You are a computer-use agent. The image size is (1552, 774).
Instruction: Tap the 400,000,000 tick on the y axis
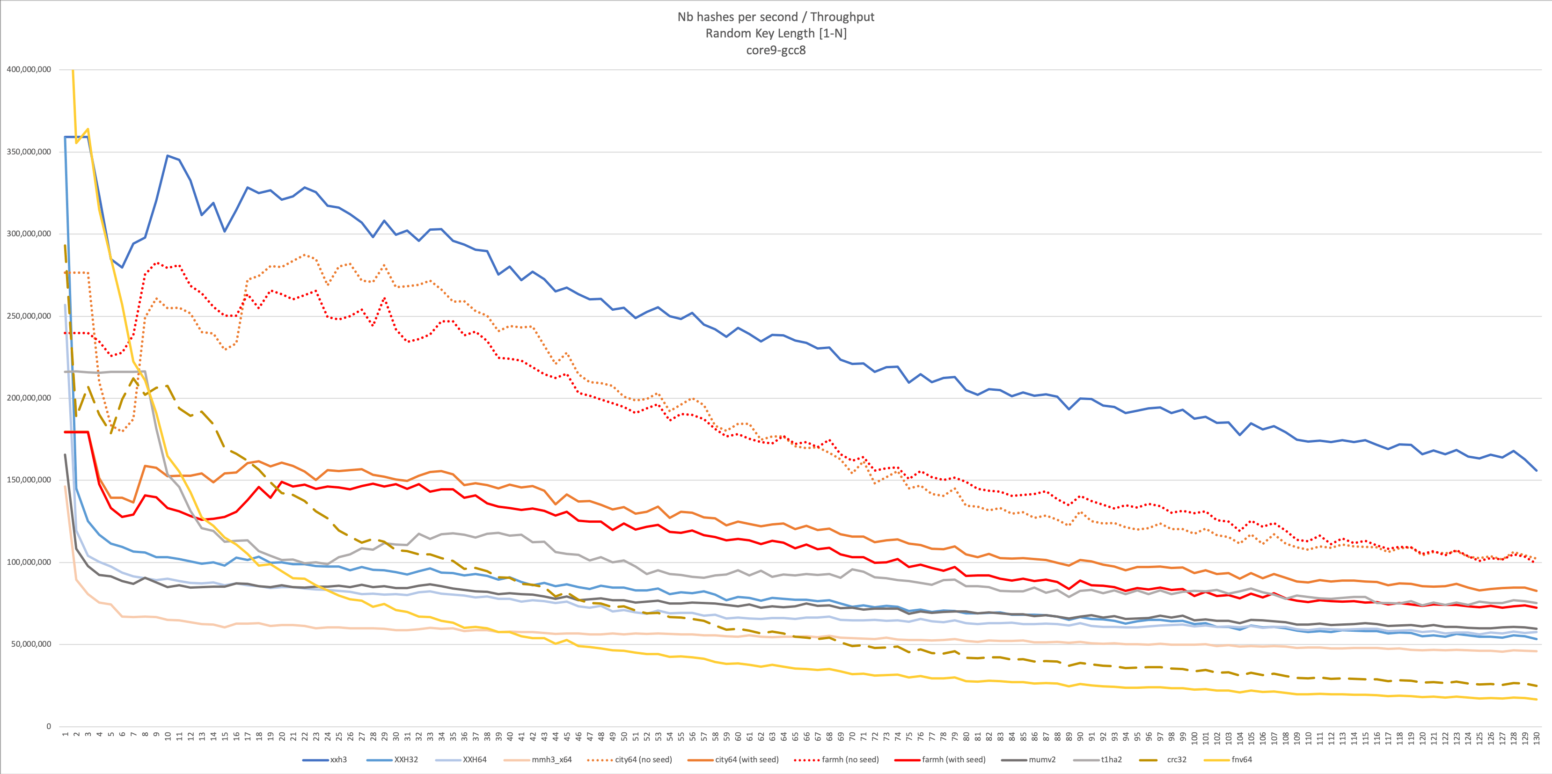29,69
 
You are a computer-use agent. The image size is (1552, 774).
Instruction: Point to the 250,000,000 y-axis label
29,315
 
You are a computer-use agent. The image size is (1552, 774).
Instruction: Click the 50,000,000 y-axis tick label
31,644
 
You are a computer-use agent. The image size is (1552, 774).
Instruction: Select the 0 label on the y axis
49,726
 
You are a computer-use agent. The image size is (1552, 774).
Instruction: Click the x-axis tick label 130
1537,738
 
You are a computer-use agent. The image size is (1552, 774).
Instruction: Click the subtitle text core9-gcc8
776,50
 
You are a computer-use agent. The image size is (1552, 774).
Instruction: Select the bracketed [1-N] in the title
832,33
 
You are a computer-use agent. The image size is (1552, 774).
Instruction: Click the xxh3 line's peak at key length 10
168,155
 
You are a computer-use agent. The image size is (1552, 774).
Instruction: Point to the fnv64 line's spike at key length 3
88,129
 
